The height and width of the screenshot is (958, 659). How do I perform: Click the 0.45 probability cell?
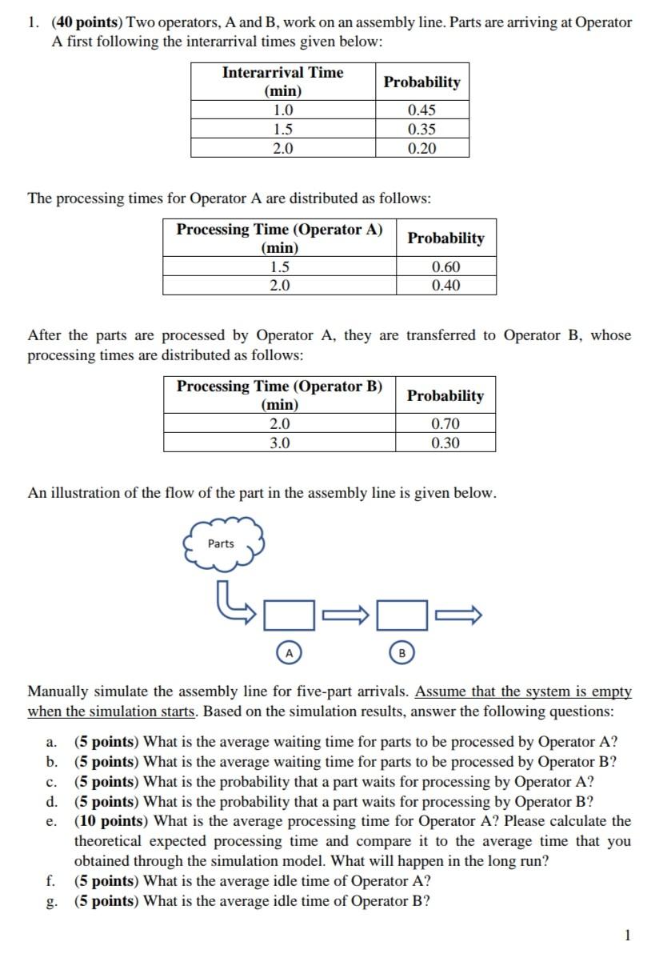421,110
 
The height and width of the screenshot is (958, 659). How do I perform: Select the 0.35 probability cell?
421,129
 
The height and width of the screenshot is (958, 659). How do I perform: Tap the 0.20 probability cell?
421,148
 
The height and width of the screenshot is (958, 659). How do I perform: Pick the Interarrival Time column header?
282,82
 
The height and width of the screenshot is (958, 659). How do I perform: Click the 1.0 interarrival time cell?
282,110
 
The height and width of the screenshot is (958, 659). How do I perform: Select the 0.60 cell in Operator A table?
445,267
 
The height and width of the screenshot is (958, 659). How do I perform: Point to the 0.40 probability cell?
445,286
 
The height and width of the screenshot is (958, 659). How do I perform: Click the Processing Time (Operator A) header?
279,238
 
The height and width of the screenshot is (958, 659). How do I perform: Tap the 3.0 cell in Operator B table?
279,443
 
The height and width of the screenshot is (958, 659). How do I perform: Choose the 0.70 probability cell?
445,423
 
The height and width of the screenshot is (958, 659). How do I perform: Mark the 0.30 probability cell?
445,443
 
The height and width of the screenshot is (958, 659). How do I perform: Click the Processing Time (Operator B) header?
279,395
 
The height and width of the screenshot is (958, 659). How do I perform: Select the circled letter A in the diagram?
289,654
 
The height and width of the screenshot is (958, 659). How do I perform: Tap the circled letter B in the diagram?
402,654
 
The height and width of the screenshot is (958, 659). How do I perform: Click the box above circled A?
289,615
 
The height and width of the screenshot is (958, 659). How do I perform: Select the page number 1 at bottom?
628,935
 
